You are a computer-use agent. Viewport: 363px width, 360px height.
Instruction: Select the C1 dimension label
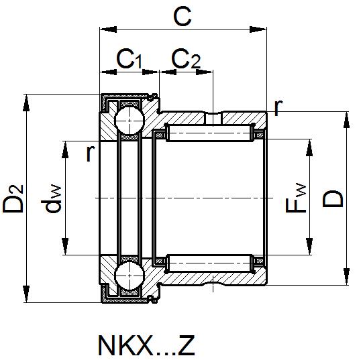[x=129, y=61]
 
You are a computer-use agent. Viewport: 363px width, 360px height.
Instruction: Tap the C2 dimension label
[x=186, y=61]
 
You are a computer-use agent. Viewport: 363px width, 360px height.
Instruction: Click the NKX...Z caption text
[x=146, y=345]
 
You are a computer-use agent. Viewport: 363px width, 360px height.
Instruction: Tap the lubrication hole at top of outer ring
[x=213, y=118]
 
